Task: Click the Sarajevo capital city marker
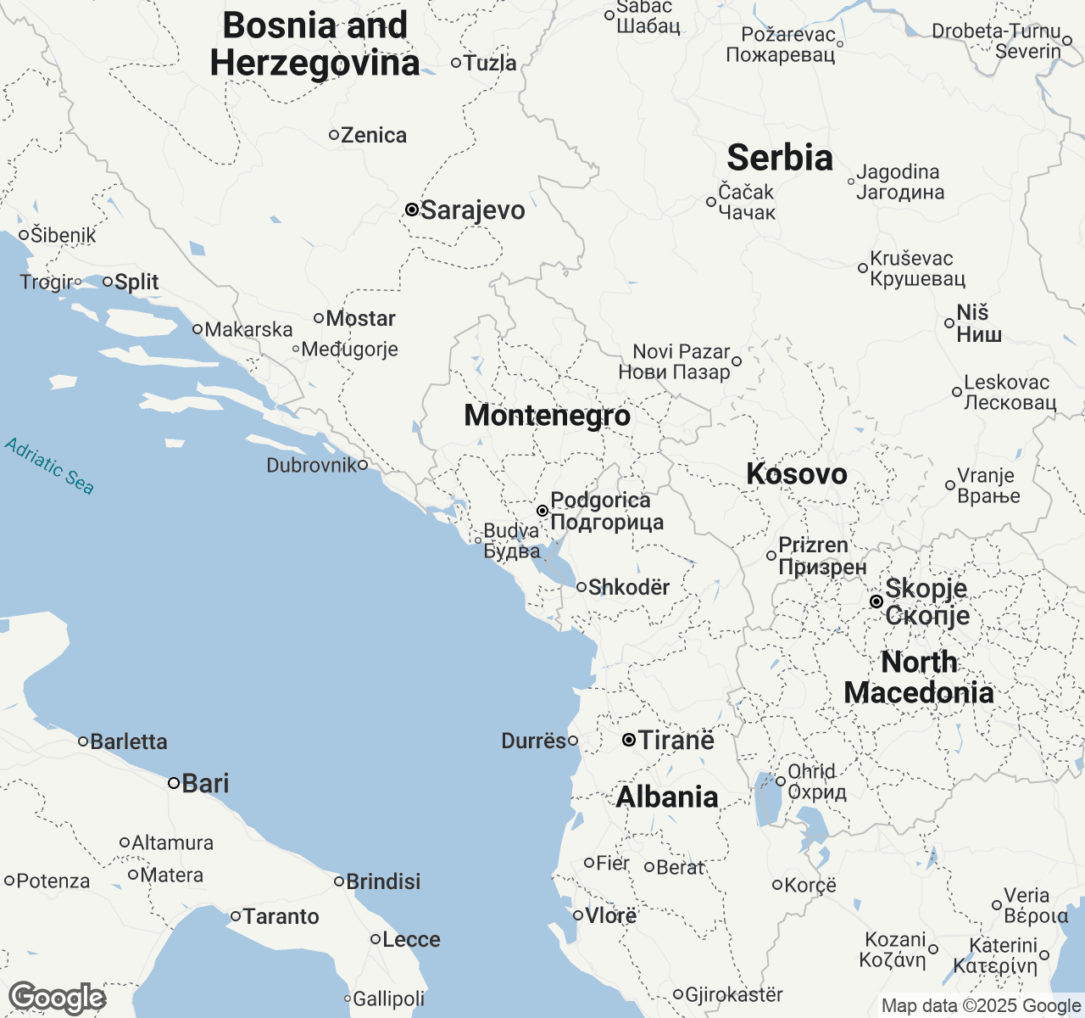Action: coord(411,210)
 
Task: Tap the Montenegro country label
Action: coord(547,416)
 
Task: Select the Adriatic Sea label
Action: coord(49,466)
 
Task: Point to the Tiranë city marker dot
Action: coord(629,741)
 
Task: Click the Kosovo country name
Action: coord(796,474)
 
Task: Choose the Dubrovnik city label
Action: coord(311,465)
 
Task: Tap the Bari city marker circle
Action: coord(173,783)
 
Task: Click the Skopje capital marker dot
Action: coord(876,601)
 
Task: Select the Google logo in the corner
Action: coord(57,998)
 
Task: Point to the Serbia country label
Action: coord(780,159)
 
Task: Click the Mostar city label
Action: coord(360,319)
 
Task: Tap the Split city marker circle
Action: coord(108,282)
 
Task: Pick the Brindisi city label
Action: coord(383,882)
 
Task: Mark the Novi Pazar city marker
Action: coord(737,361)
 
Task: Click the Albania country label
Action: coord(667,797)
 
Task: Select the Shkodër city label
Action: coord(629,587)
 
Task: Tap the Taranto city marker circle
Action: coord(236,916)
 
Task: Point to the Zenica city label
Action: coord(373,136)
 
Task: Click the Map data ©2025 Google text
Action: coord(981,1006)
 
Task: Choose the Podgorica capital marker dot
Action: coord(542,511)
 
